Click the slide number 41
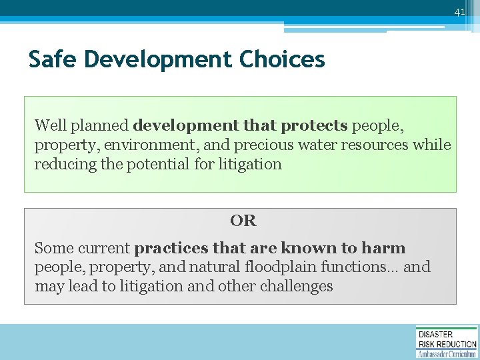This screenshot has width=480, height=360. pyautogui.click(x=459, y=12)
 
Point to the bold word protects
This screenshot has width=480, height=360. pyautogui.click(x=314, y=125)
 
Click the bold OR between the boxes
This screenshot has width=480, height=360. pyautogui.click(x=243, y=221)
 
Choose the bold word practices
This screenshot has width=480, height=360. pyautogui.click(x=171, y=249)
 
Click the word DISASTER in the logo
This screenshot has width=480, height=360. pyautogui.click(x=435, y=334)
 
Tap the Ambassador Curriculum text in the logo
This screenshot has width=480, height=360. pyautogui.click(x=447, y=353)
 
